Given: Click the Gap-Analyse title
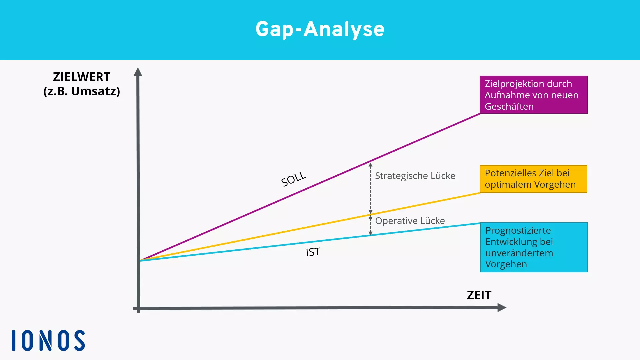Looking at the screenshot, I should (320, 29).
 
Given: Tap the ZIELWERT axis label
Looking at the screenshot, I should (82, 77).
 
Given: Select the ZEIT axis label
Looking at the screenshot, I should (479, 295).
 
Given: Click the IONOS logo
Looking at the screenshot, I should (48, 340).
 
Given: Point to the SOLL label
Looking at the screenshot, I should (293, 179).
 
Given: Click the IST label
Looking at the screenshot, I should (313, 252).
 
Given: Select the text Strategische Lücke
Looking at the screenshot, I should (415, 176).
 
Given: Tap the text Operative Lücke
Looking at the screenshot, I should (410, 221).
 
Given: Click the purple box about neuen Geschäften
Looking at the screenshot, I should (534, 95).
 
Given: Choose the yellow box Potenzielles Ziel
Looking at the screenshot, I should (533, 179).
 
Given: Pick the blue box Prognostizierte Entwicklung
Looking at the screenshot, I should (534, 247).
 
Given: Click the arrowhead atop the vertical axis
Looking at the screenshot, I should (138, 72).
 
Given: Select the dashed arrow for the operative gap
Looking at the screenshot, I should (370, 225).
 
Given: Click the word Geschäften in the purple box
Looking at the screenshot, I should (509, 106).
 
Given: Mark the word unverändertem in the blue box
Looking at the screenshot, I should (519, 253).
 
